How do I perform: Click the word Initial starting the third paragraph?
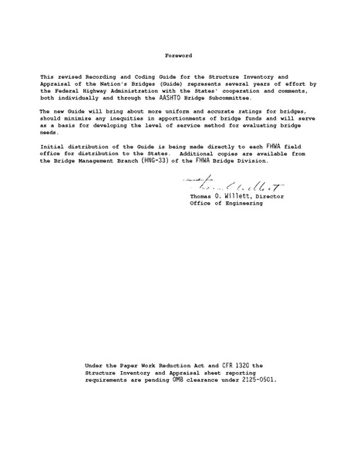[x=52, y=147]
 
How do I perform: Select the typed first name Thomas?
[x=202, y=197]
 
